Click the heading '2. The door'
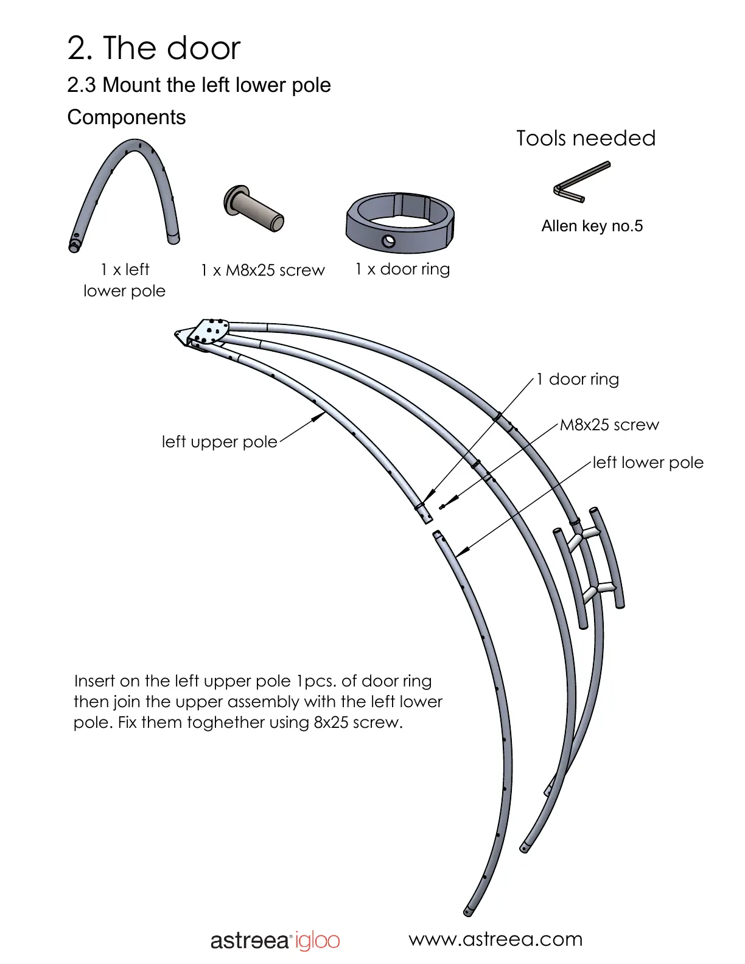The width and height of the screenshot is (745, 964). pos(154,48)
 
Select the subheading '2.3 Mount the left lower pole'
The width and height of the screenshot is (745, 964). pos(199,85)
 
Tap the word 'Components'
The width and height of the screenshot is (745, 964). pos(126,117)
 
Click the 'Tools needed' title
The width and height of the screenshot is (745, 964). pos(586,138)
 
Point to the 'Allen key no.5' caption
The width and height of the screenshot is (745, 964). pos(592,226)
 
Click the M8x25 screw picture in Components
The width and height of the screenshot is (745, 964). pos(253,208)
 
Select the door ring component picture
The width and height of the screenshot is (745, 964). pos(400,223)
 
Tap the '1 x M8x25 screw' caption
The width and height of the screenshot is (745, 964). pos(262,270)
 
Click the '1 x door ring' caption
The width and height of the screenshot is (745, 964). pos(402,269)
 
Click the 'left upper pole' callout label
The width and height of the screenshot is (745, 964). pos(219,442)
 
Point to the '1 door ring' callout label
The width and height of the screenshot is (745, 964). pos(577,379)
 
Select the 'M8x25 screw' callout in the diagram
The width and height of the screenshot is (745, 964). pos(609,425)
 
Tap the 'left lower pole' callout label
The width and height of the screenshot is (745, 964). pos(648,463)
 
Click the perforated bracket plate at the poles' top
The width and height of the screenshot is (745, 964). pos(209,331)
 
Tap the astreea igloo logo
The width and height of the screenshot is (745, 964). pos(275,941)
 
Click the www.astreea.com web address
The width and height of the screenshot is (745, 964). pos(495,939)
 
